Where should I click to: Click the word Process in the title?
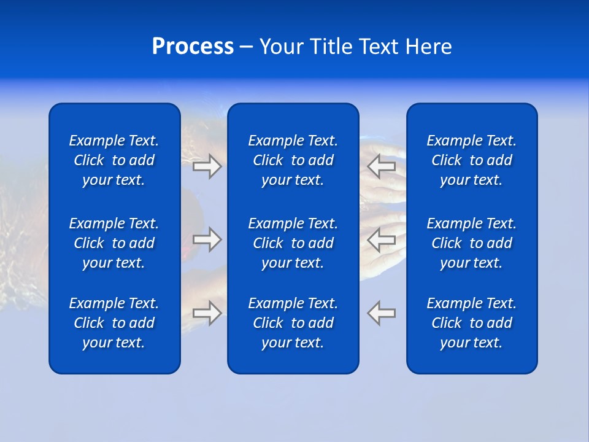[x=193, y=47]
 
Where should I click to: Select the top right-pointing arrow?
[x=207, y=166]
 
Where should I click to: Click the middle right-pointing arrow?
[x=207, y=239]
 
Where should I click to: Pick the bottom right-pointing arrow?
[x=207, y=312]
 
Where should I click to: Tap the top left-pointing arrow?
[x=382, y=166]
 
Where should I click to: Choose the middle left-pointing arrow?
[x=382, y=239]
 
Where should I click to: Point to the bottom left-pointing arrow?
[x=382, y=312]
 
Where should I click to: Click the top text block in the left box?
[x=114, y=160]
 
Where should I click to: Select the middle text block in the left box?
[x=114, y=243]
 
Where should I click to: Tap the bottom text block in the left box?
[x=114, y=323]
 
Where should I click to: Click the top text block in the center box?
[x=293, y=160]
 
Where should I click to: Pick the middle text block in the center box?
[x=293, y=243]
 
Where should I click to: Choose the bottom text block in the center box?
[x=293, y=323]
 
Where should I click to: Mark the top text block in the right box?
[x=471, y=160]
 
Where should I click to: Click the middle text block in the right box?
[x=471, y=243]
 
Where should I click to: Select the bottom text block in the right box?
[x=471, y=323]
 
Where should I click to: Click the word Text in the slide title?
[x=379, y=47]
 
